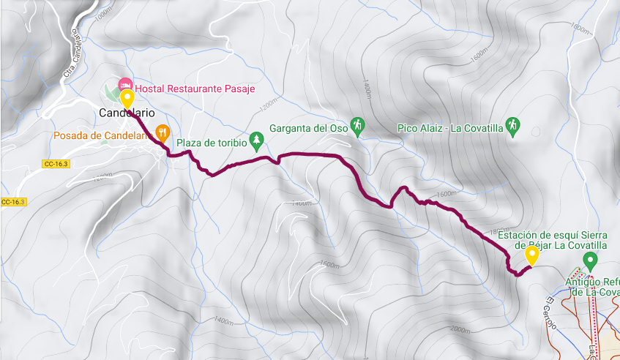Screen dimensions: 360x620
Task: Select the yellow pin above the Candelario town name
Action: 127,100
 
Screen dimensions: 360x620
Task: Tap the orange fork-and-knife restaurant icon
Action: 163,133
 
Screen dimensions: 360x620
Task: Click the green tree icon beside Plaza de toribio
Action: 256,138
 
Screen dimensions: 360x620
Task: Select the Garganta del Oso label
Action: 308,128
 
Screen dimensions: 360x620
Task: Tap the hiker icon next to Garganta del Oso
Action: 357,126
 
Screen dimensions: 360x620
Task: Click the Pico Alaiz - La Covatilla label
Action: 450,128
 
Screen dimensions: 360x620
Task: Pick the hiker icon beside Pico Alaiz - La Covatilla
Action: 514,126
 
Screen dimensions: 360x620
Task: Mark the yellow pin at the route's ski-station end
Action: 531,255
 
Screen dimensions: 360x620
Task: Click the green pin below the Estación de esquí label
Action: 591,261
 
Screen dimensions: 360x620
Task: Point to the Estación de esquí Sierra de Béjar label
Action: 553,239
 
